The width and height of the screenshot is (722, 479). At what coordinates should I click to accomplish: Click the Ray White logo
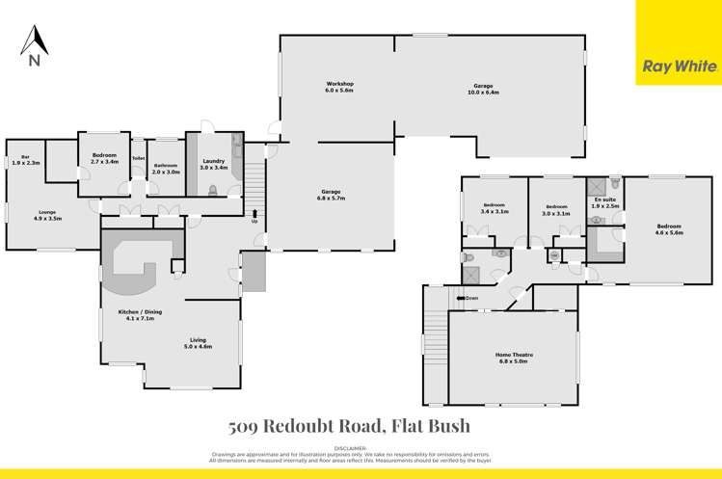point(679,67)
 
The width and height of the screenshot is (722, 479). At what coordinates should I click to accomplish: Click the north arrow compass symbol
point(35,45)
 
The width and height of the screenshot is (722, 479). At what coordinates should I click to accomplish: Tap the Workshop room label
point(339,88)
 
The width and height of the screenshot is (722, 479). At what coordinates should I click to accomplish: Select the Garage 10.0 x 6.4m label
point(484,90)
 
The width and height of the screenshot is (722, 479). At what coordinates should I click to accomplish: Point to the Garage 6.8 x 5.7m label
point(332,195)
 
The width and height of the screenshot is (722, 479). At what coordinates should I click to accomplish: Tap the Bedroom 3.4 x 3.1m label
point(495,207)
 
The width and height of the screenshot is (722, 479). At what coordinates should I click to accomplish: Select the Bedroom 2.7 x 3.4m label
point(104,158)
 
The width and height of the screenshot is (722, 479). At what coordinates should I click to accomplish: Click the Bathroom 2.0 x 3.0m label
point(167,168)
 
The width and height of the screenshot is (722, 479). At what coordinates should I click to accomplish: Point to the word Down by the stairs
point(470,298)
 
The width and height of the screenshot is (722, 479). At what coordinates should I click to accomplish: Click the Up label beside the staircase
point(254,221)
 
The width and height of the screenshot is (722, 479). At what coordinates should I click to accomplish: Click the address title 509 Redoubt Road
point(349,425)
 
